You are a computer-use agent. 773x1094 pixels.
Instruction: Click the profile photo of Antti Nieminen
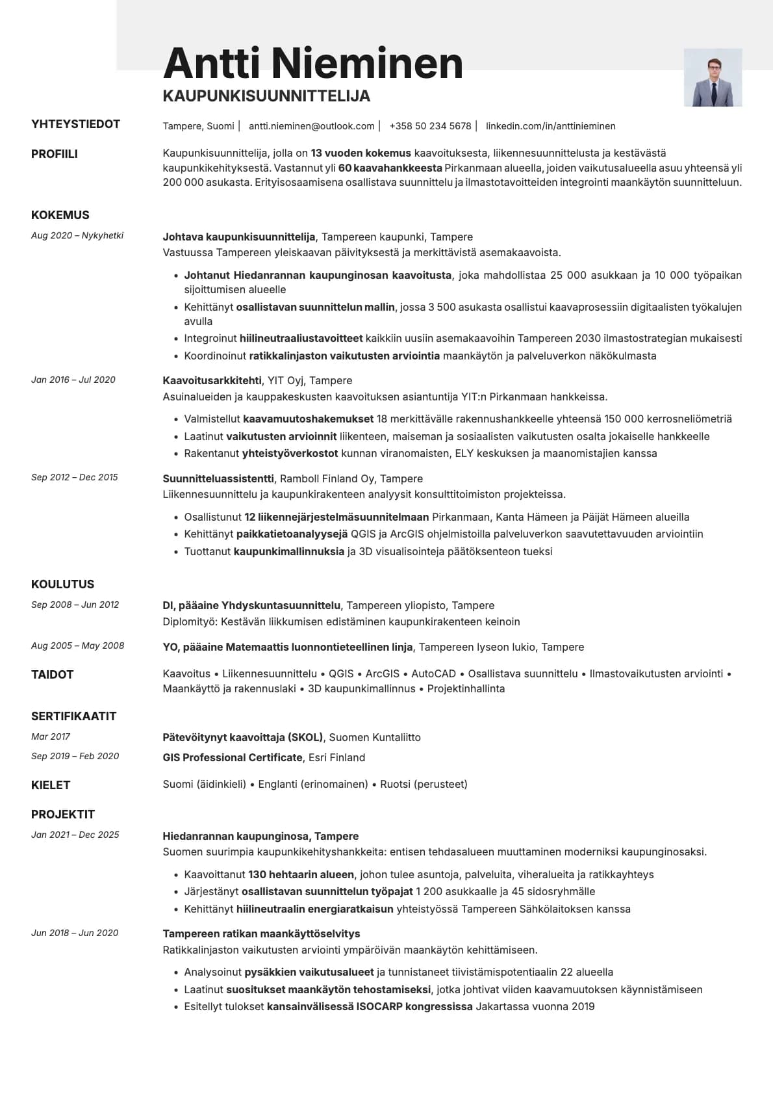pos(713,77)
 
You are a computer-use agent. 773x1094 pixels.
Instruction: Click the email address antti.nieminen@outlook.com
pos(311,126)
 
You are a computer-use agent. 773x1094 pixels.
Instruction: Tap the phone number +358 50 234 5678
pos(430,126)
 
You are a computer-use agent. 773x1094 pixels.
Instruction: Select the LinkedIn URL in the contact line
pos(550,126)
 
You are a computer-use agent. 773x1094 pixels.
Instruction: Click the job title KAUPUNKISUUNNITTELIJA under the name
pos(266,96)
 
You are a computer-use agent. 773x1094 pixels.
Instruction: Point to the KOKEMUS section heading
pos(60,215)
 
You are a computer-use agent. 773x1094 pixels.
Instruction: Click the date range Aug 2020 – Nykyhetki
pos(77,236)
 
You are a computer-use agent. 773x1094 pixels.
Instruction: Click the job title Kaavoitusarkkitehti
pos(212,380)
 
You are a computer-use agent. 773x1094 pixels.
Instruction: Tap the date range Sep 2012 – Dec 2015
pos(75,477)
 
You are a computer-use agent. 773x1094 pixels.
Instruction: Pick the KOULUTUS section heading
pos(63,584)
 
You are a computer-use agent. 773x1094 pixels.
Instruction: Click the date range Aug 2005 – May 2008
pos(77,645)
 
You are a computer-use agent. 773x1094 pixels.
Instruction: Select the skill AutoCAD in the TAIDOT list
pos(433,673)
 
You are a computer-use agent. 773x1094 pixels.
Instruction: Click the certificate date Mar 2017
pos(51,736)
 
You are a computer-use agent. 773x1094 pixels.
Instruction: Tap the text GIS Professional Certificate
pos(233,757)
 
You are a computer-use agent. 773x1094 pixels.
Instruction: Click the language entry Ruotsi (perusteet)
pos(424,784)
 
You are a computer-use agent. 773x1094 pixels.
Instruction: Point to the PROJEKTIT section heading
pos(63,814)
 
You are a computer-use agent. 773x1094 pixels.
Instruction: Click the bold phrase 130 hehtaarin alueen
pos(301,874)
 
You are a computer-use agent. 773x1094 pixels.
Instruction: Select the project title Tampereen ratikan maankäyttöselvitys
pos(261,933)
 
